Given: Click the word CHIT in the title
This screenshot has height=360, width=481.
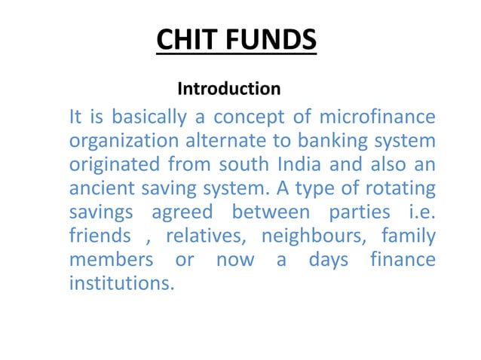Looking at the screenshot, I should point(186,40).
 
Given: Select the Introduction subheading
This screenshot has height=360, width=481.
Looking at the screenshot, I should point(228,89).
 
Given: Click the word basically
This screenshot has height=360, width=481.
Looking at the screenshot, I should point(149,118).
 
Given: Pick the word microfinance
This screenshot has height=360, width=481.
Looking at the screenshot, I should point(378,118).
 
